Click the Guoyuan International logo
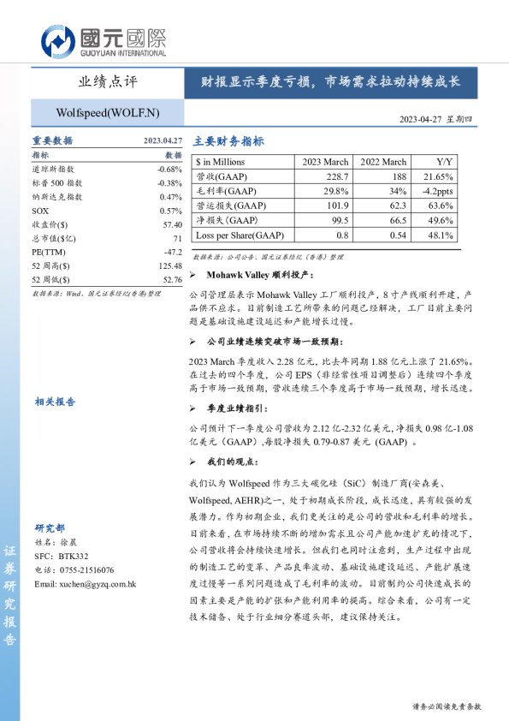pos(102,41)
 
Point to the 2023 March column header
pos(325,162)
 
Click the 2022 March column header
pos(382,162)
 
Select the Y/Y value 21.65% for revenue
pos(446,176)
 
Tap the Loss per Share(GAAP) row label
pos(240,235)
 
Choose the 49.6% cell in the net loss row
pos(446,220)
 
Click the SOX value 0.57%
pos(171,211)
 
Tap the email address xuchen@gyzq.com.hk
pos(86,584)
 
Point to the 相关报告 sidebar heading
pos(55,401)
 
